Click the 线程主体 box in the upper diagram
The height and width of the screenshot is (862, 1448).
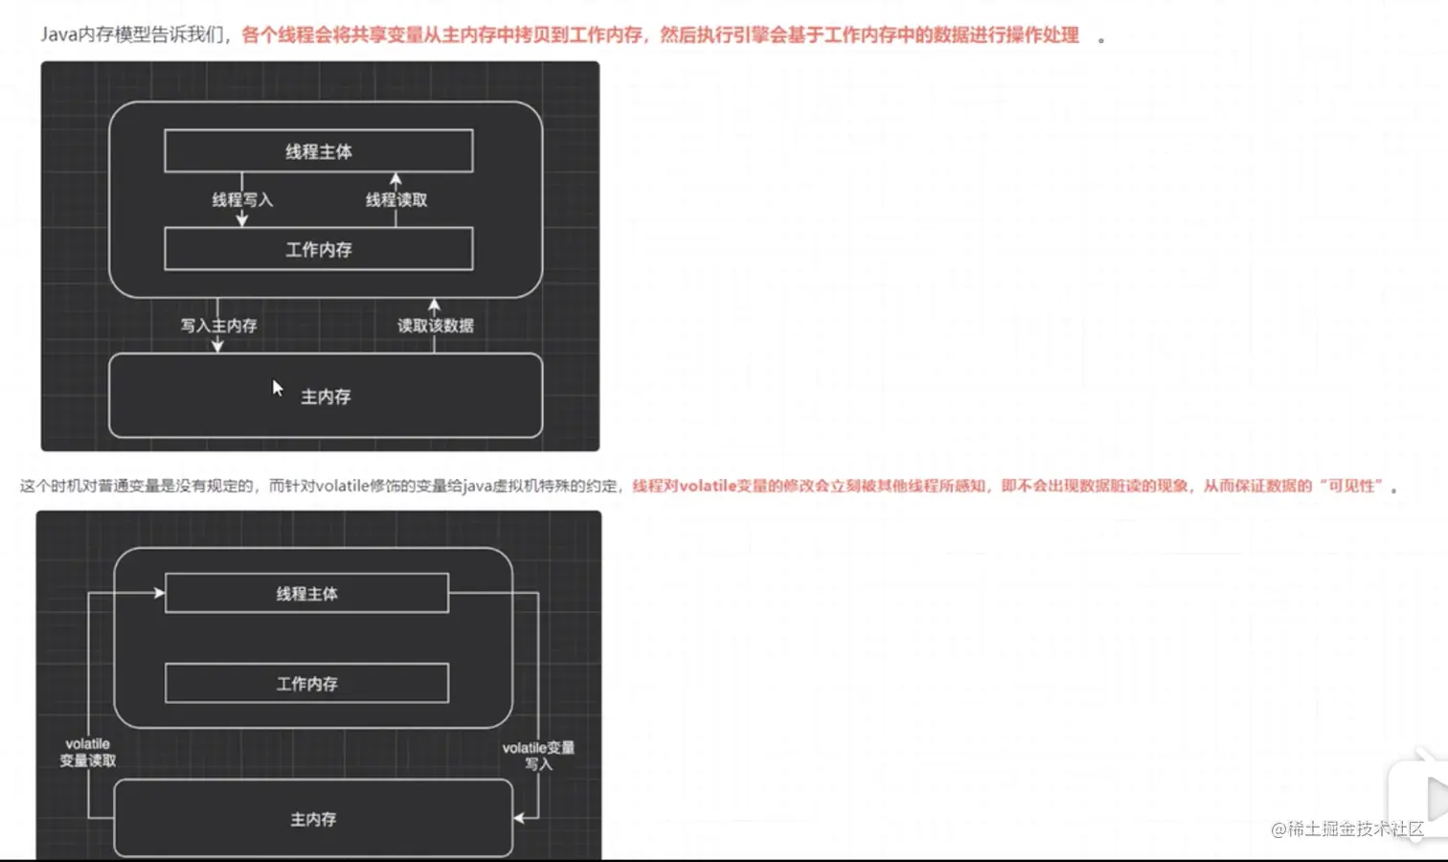[319, 151]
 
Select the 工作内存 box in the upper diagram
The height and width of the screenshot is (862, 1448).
[319, 249]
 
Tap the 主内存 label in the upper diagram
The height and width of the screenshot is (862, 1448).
[326, 397]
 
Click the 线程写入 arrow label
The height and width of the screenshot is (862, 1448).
[242, 200]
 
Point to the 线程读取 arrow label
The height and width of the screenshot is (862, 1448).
[396, 200]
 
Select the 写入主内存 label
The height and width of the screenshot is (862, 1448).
[219, 326]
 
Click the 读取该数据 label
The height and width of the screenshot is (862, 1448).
[436, 326]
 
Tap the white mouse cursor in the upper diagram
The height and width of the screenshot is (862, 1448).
[277, 388]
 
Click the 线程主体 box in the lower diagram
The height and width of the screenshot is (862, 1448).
[306, 594]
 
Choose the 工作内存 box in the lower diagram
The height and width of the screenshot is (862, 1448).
[306, 684]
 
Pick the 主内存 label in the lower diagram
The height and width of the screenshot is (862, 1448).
[313, 820]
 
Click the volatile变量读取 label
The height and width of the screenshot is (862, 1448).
[88, 752]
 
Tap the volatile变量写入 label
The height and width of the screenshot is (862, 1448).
[538, 756]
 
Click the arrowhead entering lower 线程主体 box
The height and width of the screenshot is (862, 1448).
[160, 593]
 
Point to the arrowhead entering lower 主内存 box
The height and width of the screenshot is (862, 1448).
[519, 818]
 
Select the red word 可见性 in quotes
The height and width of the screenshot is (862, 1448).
[1354, 487]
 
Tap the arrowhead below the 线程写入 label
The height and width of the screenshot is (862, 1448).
[242, 220]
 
